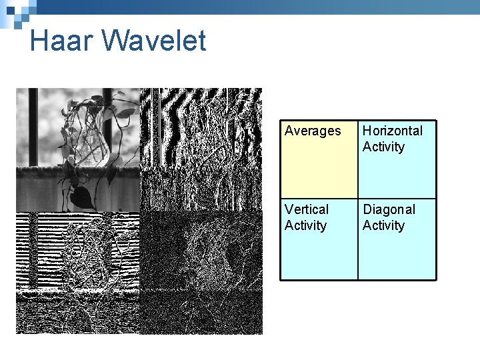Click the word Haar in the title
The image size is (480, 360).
62,41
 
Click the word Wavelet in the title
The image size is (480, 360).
153,41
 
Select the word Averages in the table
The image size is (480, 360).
313,131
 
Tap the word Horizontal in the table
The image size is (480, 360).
393,131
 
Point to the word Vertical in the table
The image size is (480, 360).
307,209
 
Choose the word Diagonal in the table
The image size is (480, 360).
389,209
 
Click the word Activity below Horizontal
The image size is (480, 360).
383,147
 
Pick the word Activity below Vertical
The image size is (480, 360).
305,225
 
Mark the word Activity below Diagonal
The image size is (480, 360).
383,225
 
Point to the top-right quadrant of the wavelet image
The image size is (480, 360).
201,149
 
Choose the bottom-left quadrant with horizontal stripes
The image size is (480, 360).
77,273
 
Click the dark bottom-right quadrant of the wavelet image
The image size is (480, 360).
201,273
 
